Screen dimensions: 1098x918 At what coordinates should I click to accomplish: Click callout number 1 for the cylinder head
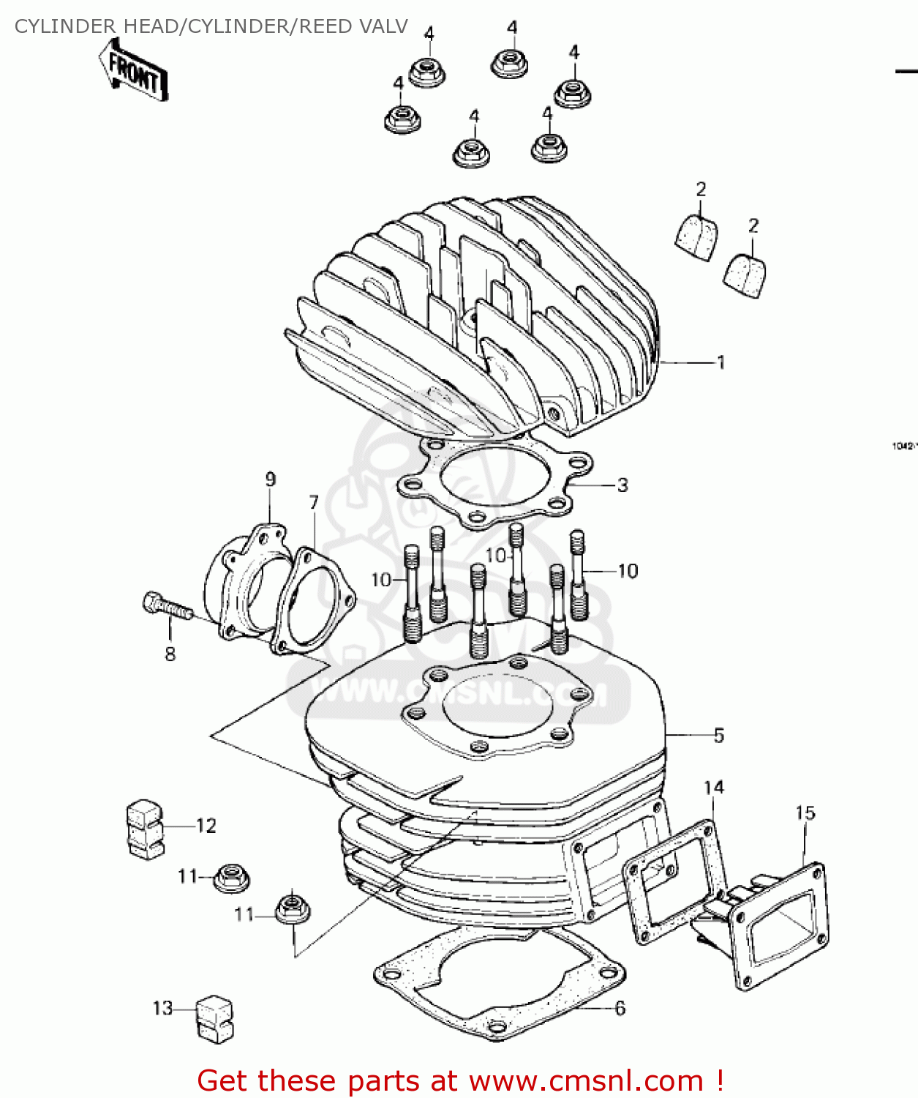(x=721, y=362)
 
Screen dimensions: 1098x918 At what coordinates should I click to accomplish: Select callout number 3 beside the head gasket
(x=622, y=485)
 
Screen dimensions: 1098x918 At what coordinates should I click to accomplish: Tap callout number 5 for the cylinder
(x=718, y=735)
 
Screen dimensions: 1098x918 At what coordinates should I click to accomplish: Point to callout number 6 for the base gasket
(x=620, y=1008)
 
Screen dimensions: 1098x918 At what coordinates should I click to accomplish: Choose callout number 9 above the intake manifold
(x=271, y=479)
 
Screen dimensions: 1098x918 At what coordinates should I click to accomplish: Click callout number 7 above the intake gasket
(x=314, y=502)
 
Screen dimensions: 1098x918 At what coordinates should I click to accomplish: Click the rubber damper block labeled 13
(x=214, y=1018)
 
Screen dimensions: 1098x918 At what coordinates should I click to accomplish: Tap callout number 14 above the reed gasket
(x=713, y=787)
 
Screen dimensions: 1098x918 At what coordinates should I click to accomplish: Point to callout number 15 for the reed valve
(x=805, y=813)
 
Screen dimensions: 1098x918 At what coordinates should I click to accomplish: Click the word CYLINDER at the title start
(x=65, y=26)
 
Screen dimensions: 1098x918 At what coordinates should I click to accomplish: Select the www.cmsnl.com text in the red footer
(x=585, y=1080)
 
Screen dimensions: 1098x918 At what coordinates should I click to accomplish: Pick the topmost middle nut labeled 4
(x=510, y=62)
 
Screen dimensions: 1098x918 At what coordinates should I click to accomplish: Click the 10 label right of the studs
(x=628, y=571)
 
